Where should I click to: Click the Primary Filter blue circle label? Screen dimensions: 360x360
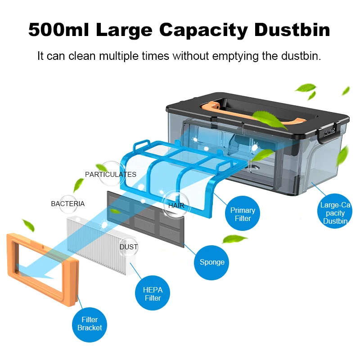click(x=243, y=214)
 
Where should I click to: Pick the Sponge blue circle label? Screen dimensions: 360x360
click(x=212, y=262)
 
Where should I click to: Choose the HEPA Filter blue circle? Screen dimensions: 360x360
click(x=153, y=294)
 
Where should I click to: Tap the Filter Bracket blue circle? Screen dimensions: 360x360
click(x=90, y=324)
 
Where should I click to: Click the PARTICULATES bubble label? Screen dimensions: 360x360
click(x=111, y=174)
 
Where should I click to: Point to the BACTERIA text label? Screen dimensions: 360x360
click(x=68, y=203)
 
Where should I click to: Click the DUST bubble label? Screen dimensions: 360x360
click(x=129, y=247)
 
